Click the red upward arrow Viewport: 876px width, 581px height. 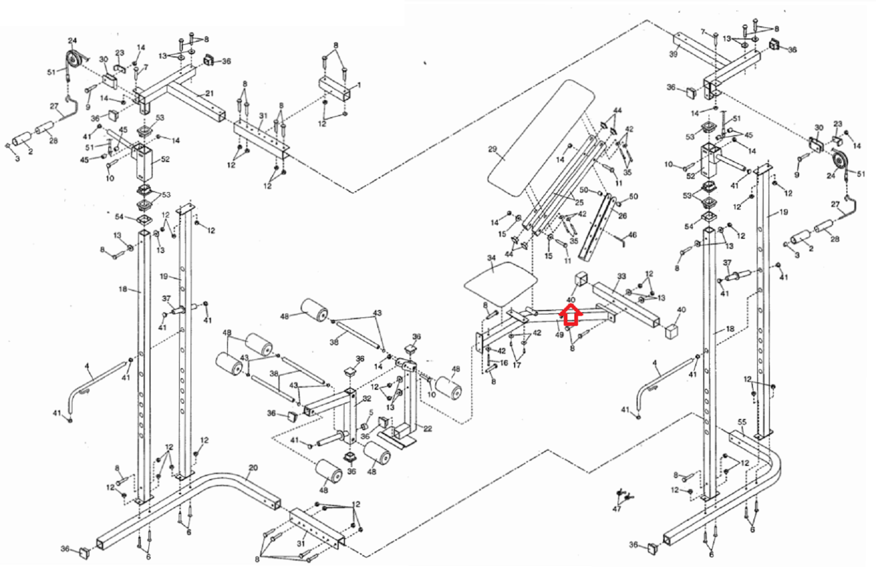tap(571, 315)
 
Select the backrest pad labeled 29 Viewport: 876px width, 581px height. tap(541, 137)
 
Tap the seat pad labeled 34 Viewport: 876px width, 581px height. tap(501, 283)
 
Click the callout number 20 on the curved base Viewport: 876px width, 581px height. tap(253, 468)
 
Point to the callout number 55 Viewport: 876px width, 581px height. tap(742, 422)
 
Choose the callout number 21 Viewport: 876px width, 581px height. tap(210, 93)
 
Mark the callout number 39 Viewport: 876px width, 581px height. tap(673, 54)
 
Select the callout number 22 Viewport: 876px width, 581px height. tap(428, 428)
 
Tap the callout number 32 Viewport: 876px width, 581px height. tap(367, 399)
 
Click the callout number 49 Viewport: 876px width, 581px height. tap(559, 335)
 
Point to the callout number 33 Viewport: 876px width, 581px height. tap(621, 276)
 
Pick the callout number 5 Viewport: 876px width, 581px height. tap(371, 412)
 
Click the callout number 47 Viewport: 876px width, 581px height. tap(616, 509)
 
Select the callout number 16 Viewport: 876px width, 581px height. tap(504, 363)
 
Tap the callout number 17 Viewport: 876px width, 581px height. tap(517, 365)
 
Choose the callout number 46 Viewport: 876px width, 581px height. tap(632, 235)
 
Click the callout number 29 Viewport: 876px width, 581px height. tap(492, 149)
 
